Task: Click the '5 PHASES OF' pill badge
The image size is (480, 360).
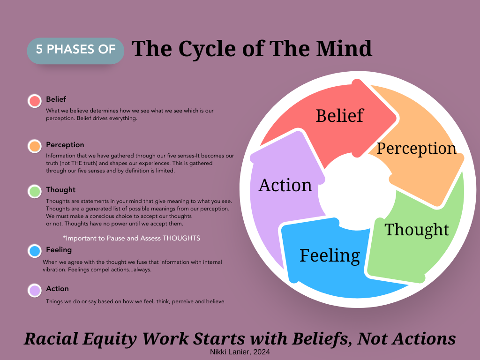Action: (75, 50)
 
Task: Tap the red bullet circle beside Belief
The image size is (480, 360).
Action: (35, 101)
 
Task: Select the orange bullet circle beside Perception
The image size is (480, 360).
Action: (35, 146)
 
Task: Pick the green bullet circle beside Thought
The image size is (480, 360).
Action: (35, 191)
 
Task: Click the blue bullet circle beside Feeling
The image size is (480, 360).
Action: (35, 251)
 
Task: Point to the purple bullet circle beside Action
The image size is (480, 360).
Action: (35, 290)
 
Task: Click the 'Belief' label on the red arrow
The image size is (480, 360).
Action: (339, 115)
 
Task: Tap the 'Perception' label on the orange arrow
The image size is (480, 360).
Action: (416, 148)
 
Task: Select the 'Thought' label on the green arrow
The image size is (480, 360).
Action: (417, 230)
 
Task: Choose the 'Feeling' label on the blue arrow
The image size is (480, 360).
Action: (330, 255)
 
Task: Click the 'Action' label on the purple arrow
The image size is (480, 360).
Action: (285, 185)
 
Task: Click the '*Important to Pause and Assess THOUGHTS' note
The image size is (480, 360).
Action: (131, 238)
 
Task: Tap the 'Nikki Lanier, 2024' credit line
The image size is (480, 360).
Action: (239, 351)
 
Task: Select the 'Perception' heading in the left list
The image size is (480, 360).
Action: (65, 145)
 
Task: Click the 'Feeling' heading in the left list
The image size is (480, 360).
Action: (59, 250)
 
